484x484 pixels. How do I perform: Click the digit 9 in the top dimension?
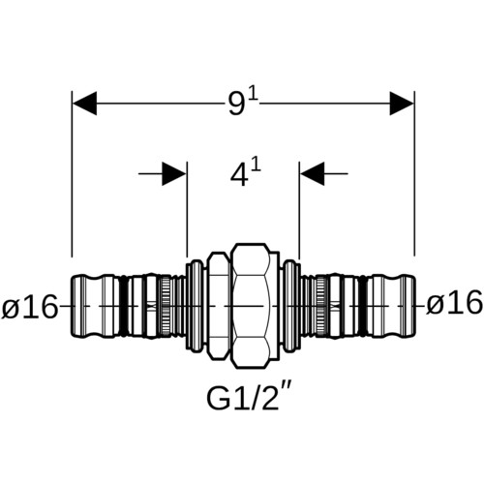(x=236, y=105)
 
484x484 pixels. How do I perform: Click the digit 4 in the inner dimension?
(x=239, y=175)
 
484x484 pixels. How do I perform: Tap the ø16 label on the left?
(x=30, y=307)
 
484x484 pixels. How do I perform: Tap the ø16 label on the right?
(x=454, y=304)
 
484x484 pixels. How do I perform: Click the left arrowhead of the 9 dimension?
(x=84, y=104)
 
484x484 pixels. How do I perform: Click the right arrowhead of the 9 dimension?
(x=402, y=104)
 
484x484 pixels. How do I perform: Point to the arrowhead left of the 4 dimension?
(x=174, y=174)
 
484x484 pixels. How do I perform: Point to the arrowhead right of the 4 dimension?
(x=312, y=174)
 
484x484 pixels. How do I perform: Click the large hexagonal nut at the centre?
(x=254, y=306)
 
